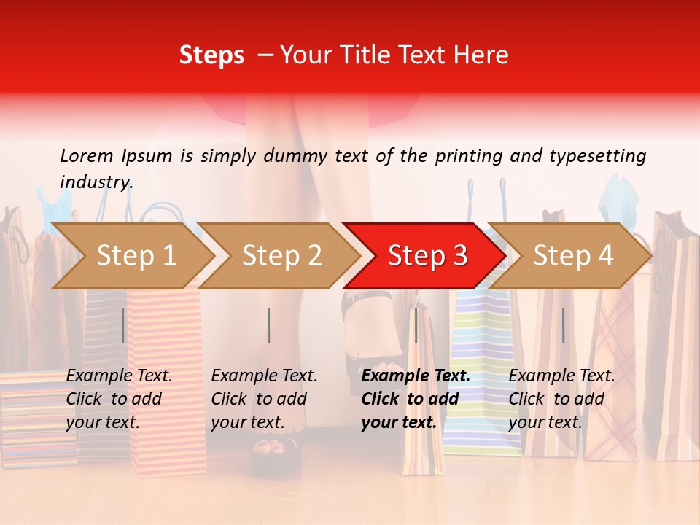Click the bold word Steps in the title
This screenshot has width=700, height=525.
211,55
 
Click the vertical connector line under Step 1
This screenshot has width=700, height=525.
123,325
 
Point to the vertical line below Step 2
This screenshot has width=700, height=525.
269,325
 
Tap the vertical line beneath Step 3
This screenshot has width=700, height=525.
416,325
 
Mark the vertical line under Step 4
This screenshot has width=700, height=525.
563,325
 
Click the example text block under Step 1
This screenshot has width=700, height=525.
118,399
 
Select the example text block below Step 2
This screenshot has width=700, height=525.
263,399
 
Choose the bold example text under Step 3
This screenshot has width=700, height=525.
415,399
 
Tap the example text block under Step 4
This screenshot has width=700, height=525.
561,399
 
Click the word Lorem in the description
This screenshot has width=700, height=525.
87,156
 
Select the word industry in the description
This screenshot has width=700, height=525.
96,182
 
